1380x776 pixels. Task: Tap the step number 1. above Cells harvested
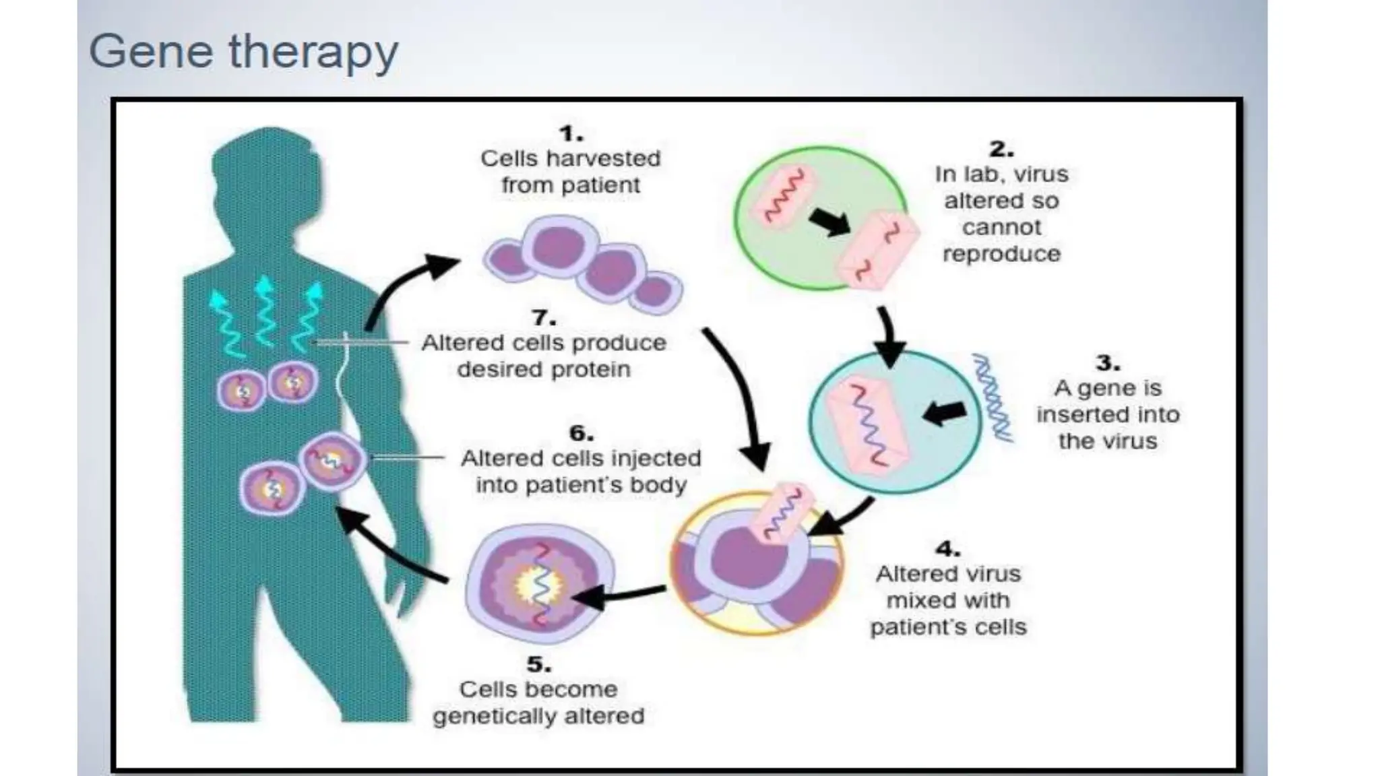point(571,134)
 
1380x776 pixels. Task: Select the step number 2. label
point(1001,149)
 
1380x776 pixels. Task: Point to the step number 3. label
point(1107,363)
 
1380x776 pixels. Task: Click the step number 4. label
point(947,549)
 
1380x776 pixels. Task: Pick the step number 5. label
point(538,664)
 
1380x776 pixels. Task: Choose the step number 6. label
point(581,433)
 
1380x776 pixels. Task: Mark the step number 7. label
point(543,317)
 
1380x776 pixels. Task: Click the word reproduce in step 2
point(1001,254)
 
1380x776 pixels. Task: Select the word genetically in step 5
point(495,716)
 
